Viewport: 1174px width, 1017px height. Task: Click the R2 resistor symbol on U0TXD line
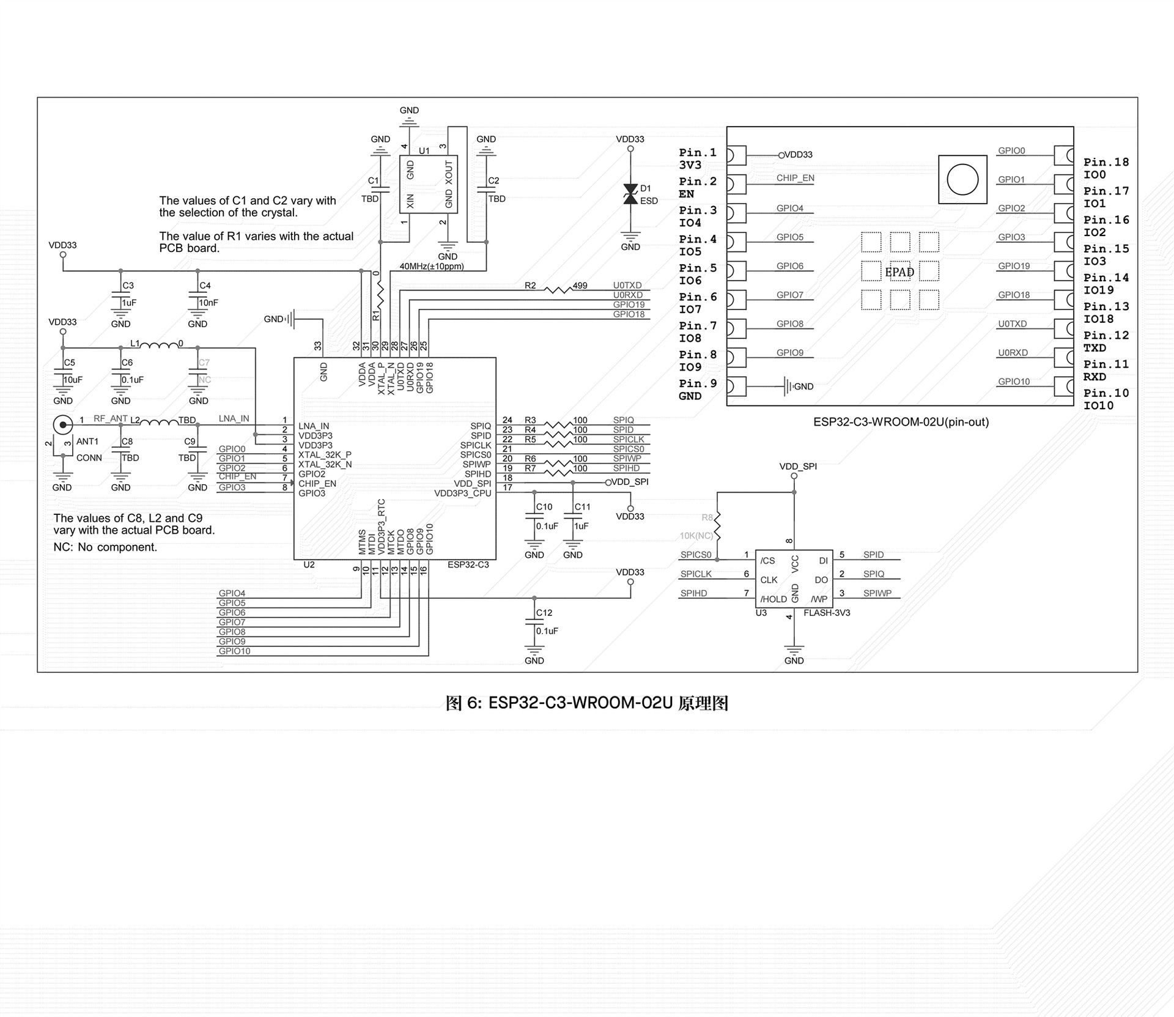coord(558,289)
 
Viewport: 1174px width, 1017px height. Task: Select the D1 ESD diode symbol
coord(630,194)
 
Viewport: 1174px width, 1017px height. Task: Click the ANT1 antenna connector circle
coord(62,424)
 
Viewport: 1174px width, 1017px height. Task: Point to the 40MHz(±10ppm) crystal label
coord(431,267)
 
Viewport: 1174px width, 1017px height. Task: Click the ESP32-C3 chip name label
coord(468,564)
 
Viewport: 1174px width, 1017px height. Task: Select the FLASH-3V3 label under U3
coord(827,613)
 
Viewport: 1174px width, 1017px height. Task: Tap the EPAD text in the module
coord(899,272)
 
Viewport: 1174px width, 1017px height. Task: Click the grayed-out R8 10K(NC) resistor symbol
coord(717,527)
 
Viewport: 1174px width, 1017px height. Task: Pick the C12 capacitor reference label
coord(544,613)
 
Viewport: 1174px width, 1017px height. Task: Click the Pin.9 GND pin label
coord(698,390)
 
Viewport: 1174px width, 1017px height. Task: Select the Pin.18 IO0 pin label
coord(1106,168)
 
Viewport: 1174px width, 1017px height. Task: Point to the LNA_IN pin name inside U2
coord(314,426)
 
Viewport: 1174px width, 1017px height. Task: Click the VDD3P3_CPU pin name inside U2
coord(463,494)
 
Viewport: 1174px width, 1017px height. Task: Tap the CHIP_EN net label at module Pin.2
coord(796,178)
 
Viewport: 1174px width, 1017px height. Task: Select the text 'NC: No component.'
coord(105,547)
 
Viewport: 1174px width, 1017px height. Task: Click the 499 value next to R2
coord(580,286)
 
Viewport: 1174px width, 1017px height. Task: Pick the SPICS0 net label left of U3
coord(696,555)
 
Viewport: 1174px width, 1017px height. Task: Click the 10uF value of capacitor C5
coord(73,380)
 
